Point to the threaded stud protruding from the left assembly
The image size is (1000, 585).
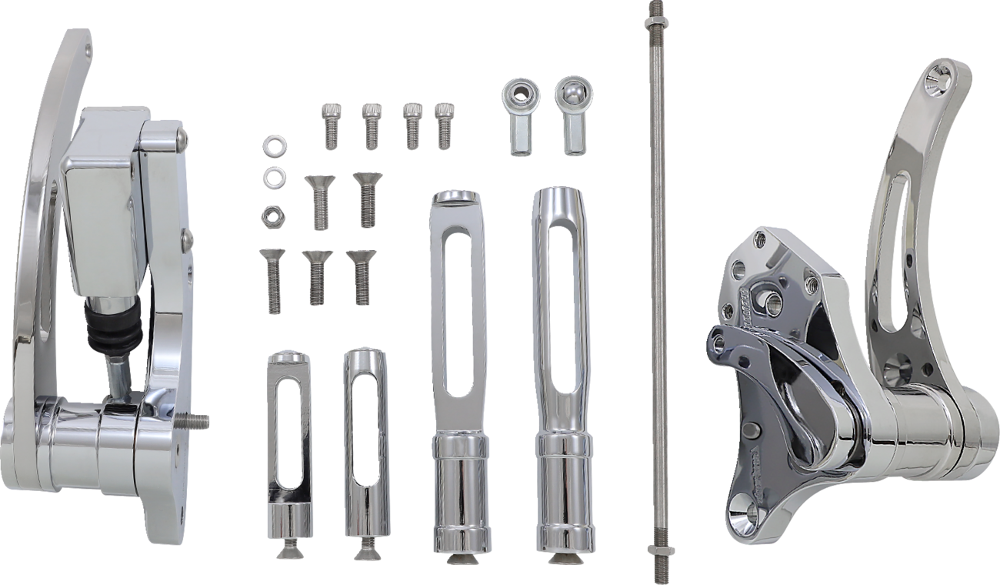click(x=197, y=421)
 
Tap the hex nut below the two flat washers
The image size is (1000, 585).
click(x=270, y=212)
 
